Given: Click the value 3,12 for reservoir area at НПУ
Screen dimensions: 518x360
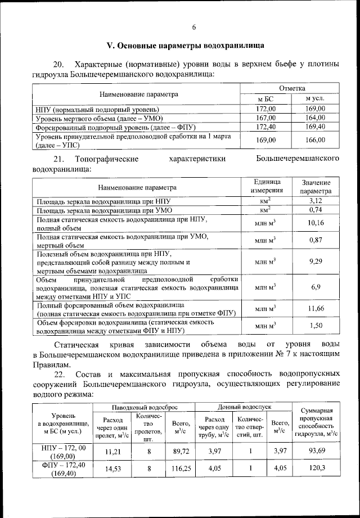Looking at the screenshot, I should tap(316, 200).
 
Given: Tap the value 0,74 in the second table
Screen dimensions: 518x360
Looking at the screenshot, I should tap(316, 210).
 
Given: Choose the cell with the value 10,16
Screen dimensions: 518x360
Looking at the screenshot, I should tap(316, 223).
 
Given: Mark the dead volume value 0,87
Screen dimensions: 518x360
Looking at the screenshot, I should tap(316, 241).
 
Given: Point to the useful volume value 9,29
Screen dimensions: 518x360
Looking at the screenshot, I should tap(316, 262).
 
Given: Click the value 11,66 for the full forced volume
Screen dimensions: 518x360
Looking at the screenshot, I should tap(316, 309).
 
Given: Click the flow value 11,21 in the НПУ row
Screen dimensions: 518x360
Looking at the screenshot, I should tap(113, 451).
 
